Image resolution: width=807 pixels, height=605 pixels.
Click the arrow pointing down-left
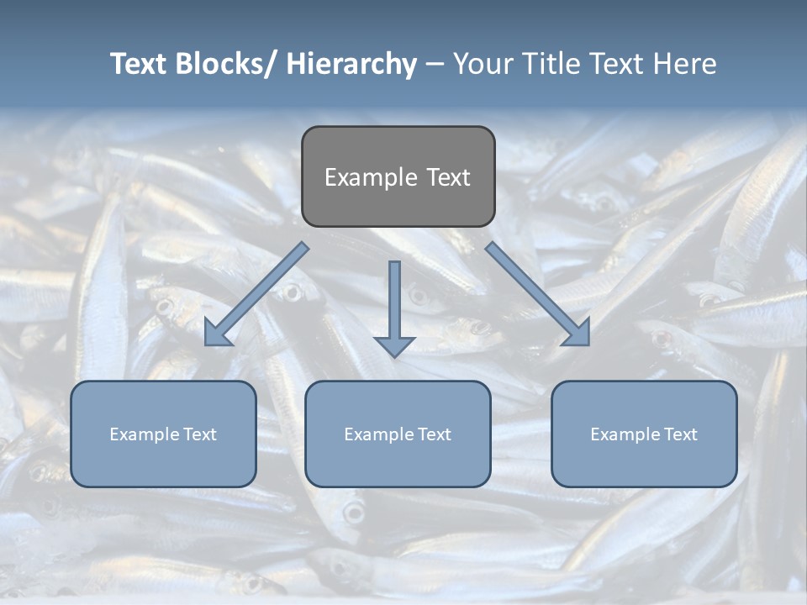tap(257, 294)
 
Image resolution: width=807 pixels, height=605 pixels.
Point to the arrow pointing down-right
tap(538, 294)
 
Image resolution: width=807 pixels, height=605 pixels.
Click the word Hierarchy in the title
tap(351, 64)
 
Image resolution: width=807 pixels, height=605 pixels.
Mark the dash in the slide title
tap(435, 65)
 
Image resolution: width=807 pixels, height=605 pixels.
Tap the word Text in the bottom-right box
tap(679, 434)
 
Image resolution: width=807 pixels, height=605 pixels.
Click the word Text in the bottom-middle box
tap(433, 434)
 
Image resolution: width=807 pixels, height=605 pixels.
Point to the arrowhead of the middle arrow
tap(394, 345)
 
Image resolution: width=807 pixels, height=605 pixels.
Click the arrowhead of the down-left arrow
tap(217, 333)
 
